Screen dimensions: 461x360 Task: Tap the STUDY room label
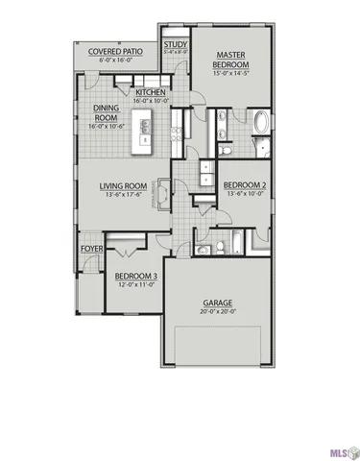[175, 44]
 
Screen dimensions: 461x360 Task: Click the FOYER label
[91, 248]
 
